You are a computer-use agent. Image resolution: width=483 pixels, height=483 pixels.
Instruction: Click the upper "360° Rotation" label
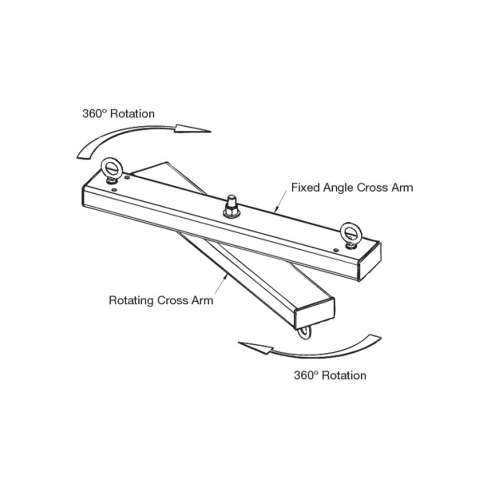118,114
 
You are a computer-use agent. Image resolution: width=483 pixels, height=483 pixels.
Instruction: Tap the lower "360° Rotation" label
330,375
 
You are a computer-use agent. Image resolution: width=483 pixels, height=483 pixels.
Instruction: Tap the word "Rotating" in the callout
132,300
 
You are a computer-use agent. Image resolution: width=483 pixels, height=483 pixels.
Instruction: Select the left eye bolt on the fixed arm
112,170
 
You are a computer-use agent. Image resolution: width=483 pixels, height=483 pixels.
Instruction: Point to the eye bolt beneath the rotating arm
304,333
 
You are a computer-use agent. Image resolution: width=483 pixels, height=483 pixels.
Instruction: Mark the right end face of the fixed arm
369,261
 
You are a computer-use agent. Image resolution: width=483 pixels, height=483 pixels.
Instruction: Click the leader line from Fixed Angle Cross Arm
282,200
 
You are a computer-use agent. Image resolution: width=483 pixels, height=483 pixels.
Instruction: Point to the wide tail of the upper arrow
83,153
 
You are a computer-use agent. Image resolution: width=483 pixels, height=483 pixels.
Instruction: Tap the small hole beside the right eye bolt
336,250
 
